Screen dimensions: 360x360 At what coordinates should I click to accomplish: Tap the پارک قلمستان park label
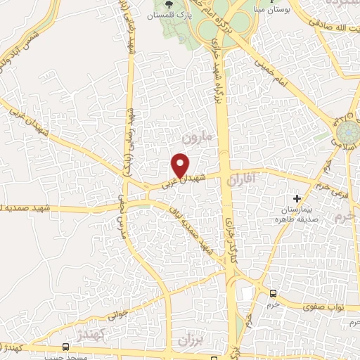174,14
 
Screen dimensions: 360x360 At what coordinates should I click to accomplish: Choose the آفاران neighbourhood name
245,181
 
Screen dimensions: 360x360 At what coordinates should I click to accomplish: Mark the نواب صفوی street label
322,306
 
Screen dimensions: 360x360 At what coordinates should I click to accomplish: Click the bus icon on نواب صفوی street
273,294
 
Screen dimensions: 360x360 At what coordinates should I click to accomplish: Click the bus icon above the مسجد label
66,347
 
